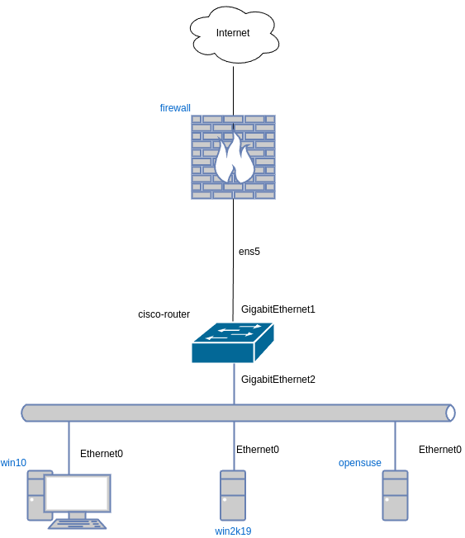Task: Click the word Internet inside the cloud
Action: click(233, 33)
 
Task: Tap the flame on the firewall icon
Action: click(234, 160)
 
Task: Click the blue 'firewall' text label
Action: click(175, 108)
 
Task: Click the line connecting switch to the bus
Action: click(234, 384)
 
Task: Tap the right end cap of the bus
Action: click(450, 413)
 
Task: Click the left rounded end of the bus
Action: click(26, 413)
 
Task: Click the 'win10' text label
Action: click(13, 463)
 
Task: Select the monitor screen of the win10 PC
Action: click(77, 493)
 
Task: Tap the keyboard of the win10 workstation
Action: click(77, 523)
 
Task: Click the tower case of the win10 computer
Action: click(35, 495)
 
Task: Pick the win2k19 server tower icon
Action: click(233, 495)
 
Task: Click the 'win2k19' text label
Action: click(233, 531)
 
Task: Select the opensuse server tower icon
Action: click(395, 495)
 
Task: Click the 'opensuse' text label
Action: click(360, 463)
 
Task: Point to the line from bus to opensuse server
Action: click(395, 446)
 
